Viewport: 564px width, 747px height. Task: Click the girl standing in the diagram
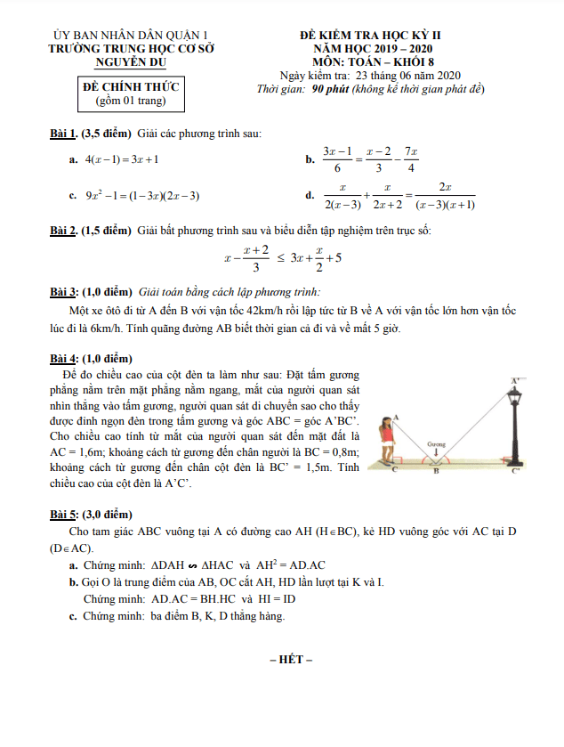pos(387,440)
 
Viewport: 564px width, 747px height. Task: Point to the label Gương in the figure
pos(436,443)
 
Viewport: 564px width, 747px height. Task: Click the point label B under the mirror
pos(436,471)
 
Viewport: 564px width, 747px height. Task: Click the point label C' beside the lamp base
pos(516,470)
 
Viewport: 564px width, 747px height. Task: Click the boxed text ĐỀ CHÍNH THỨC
pos(131,87)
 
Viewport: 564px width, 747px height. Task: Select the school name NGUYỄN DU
pos(131,62)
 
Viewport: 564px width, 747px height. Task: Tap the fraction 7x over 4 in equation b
pos(411,159)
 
